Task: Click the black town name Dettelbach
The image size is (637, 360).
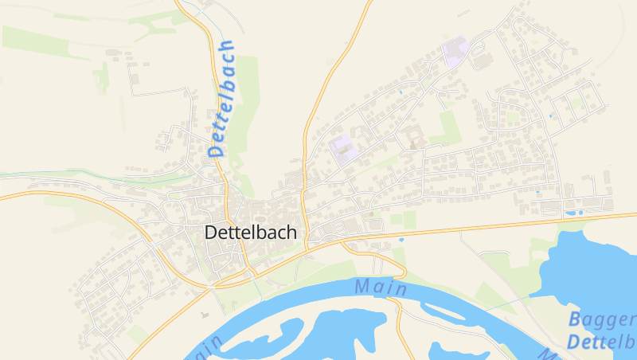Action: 251,233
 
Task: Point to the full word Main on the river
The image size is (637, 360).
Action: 381,288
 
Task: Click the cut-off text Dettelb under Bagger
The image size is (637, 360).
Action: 601,342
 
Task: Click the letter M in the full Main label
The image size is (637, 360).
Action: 364,285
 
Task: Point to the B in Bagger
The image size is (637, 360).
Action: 576,321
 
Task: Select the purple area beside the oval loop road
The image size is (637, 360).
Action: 455,52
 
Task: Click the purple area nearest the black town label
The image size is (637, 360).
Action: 343,148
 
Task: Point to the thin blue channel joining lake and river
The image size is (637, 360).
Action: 510,303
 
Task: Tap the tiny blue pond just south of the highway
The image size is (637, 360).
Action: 401,239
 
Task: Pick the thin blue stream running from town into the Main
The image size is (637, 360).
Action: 252,275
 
